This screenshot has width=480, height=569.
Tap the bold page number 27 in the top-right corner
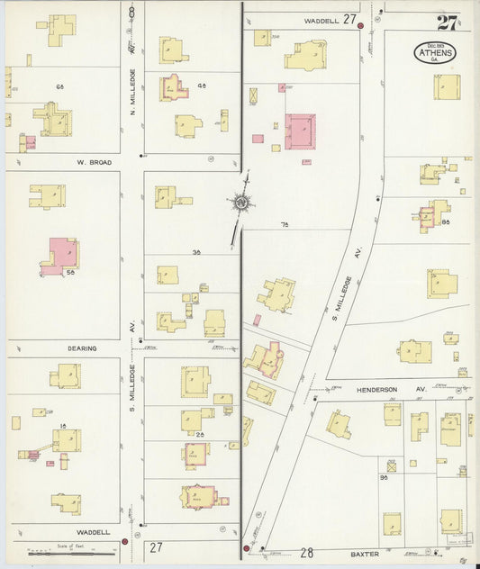pos(446,23)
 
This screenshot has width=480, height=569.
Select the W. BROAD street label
pos(93,162)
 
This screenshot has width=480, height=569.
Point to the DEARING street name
pos(81,348)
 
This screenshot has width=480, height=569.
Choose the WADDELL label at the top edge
pos(322,19)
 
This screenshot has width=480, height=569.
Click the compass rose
pos(241,203)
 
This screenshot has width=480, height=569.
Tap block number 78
pos(285,223)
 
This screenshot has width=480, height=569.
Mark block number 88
pos(445,221)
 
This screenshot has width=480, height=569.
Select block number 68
pos(61,86)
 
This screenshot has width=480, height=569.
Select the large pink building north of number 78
pos(300,131)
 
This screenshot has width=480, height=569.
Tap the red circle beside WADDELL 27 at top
pos(361,25)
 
